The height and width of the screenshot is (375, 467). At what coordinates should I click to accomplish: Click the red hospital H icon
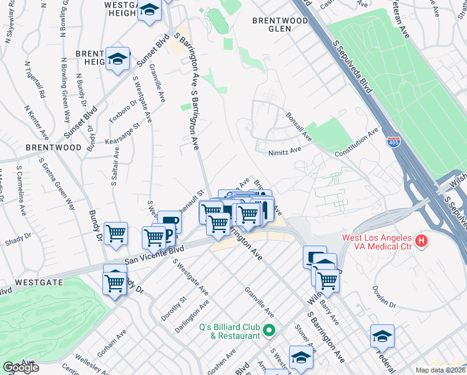tap(422, 240)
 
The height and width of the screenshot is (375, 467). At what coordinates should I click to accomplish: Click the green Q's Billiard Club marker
tap(269, 329)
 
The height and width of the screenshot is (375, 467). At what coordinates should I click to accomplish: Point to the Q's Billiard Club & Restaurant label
tap(230, 331)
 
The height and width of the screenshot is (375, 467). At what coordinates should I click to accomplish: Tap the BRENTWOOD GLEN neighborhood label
tap(280, 24)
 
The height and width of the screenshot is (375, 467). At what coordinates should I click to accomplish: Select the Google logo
tap(21, 367)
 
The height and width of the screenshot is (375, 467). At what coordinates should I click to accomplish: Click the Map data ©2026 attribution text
tap(441, 370)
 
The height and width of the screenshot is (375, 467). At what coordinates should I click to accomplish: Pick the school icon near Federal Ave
tap(381, 337)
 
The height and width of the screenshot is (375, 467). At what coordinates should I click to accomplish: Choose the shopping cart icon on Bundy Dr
tap(116, 234)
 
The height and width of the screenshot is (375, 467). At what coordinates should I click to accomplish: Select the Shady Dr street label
tap(19, 236)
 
